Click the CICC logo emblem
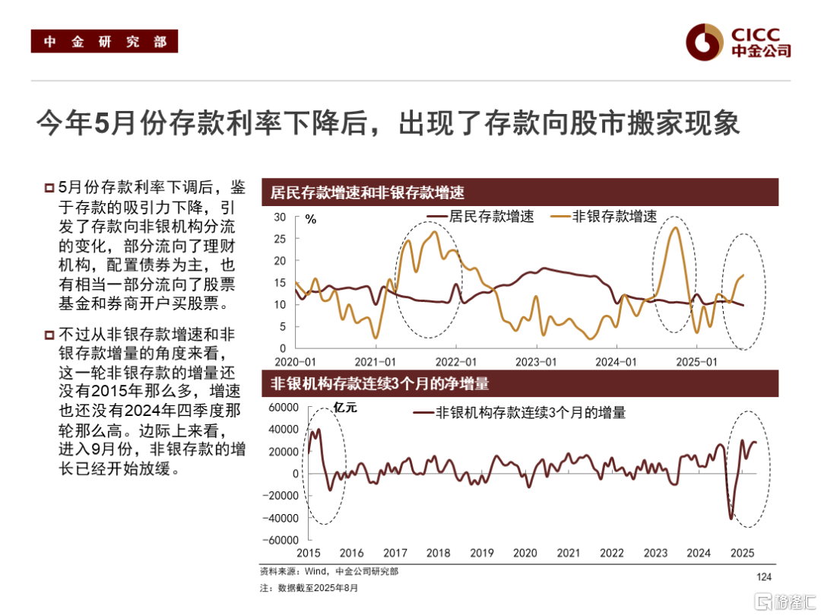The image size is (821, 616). (x=703, y=43)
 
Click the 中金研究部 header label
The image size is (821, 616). (x=104, y=42)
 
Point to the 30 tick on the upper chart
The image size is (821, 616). (x=279, y=218)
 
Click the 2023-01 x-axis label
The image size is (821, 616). (x=537, y=362)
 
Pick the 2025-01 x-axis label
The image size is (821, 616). (x=697, y=362)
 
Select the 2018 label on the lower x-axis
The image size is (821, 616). (x=438, y=553)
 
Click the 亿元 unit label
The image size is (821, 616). (x=344, y=408)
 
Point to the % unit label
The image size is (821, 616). (x=310, y=220)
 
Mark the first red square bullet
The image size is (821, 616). (x=49, y=188)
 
